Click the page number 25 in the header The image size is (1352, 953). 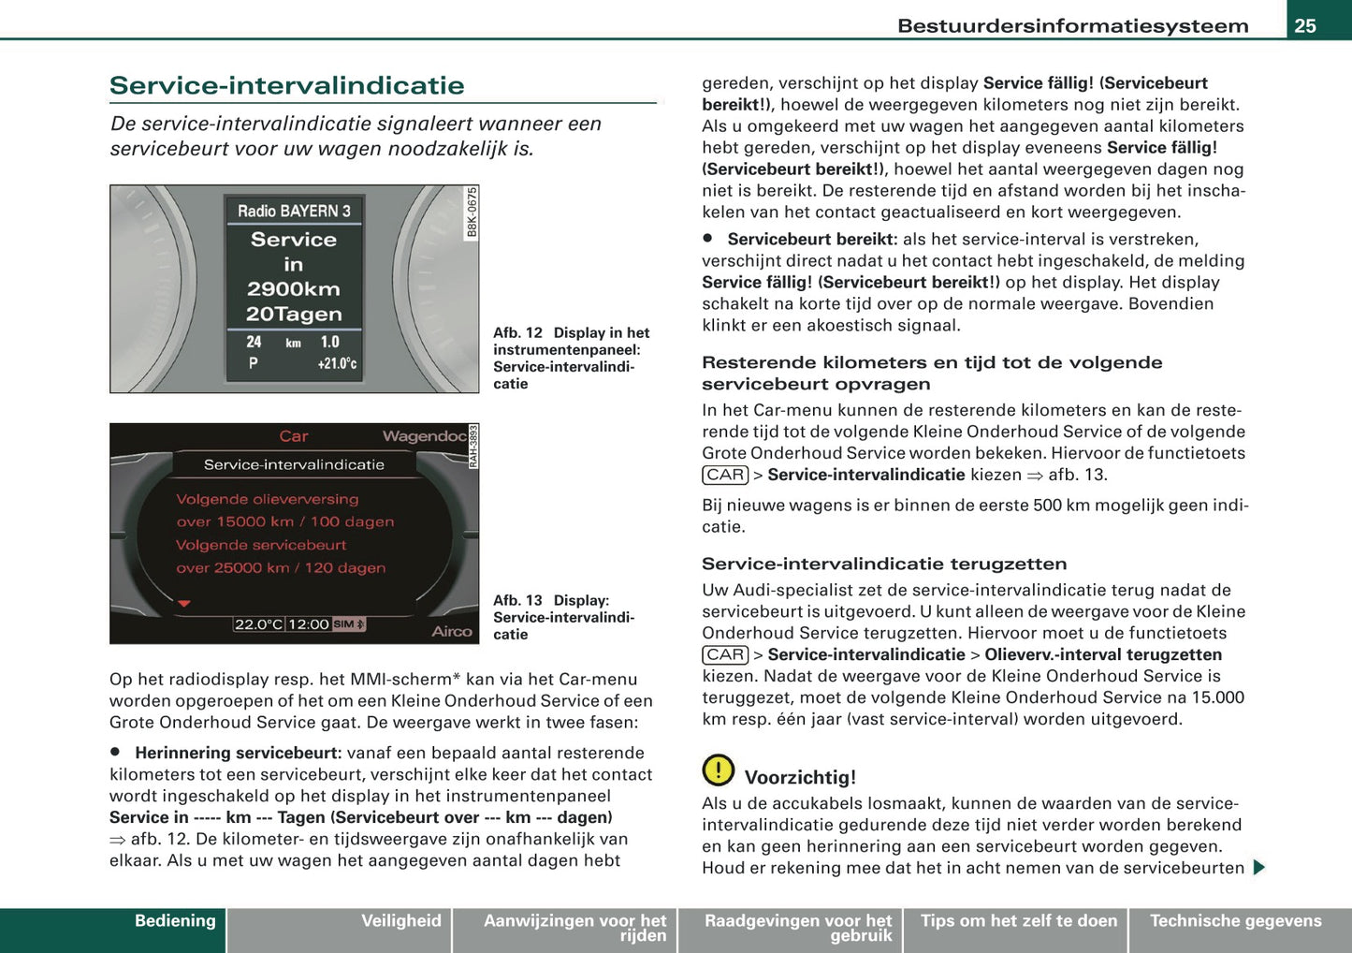[1304, 25]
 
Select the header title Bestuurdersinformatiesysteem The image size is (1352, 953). [1072, 25]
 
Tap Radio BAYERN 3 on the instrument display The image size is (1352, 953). [294, 211]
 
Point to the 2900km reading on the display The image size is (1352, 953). [294, 289]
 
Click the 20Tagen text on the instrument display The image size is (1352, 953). [294, 315]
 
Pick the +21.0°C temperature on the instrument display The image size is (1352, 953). [337, 363]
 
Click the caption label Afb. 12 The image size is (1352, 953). [517, 332]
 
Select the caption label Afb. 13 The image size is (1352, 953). [517, 600]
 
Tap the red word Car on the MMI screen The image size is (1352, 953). [293, 436]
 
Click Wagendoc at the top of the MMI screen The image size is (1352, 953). [424, 436]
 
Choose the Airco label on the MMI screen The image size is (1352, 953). [451, 632]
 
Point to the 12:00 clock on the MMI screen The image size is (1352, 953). [308, 624]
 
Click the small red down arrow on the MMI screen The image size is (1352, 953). [184, 604]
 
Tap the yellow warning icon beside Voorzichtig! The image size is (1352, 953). [719, 770]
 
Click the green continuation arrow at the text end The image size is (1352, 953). [1258, 868]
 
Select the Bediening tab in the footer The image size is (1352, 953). [175, 921]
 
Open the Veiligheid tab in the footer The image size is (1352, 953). [400, 921]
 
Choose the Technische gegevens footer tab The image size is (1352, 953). [1235, 921]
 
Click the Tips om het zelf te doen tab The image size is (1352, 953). [1018, 921]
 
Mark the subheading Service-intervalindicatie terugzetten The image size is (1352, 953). [884, 564]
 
